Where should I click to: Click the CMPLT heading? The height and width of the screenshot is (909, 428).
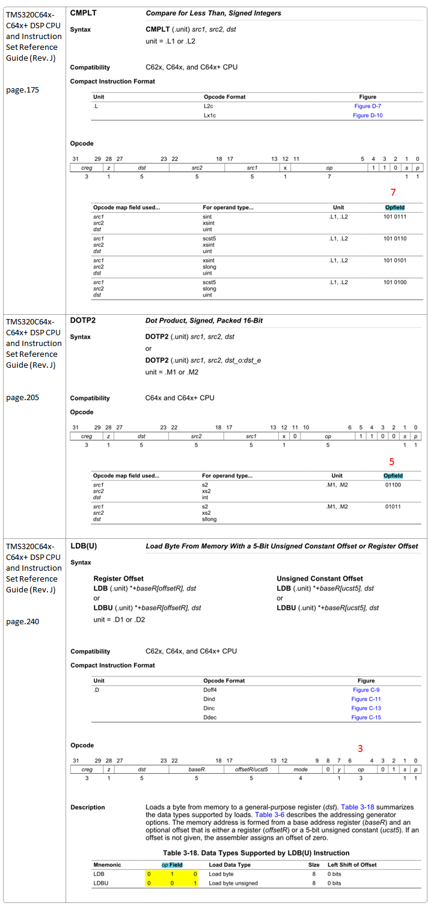tap(84, 13)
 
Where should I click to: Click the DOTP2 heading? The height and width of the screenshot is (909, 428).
tap(83, 320)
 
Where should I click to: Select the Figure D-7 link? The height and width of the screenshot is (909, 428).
tap(367, 106)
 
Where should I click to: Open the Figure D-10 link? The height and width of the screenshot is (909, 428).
tap(367, 115)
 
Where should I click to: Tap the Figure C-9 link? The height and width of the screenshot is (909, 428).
tap(366, 690)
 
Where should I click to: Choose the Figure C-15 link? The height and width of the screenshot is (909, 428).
tap(366, 717)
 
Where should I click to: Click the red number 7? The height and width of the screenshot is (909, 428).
tap(393, 192)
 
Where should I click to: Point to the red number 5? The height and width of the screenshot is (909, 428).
tap(392, 461)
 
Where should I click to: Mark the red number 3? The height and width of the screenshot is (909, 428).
tap(361, 749)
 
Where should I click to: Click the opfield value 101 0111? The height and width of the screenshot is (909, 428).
tap(395, 216)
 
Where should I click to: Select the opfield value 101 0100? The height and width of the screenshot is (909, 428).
tap(395, 282)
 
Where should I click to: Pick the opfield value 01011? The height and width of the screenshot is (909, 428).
tap(393, 506)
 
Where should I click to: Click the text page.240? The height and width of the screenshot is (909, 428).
tap(23, 621)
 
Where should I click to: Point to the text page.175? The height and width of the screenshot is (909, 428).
tap(23, 90)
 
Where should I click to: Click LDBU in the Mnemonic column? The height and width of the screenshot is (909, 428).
tap(100, 883)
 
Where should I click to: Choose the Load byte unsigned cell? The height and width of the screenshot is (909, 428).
tap(233, 883)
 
